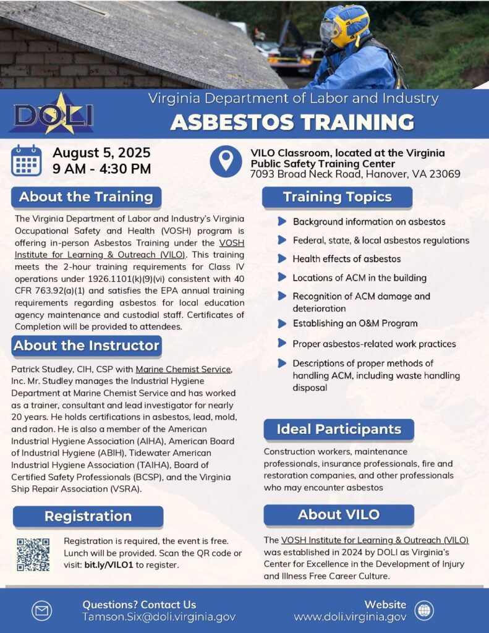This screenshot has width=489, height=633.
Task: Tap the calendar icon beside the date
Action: (27, 161)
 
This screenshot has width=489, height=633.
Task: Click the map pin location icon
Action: (226, 161)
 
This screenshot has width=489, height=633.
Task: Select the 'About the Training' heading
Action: (86, 197)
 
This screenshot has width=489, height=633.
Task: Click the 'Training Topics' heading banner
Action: (337, 197)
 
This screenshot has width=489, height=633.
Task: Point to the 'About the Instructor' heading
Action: (87, 346)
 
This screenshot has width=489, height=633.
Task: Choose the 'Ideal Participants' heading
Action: (338, 429)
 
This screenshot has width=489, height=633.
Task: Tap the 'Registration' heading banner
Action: (88, 516)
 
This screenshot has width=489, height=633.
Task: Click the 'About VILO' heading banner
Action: (338, 514)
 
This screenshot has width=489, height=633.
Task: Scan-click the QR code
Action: (33, 554)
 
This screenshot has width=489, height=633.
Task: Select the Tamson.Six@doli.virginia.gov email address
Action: (159, 617)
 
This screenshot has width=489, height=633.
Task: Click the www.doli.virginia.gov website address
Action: (350, 617)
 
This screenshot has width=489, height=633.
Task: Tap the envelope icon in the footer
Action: (41, 611)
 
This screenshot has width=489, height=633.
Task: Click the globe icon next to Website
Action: (424, 611)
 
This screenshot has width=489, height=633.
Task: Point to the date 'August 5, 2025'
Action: (101, 153)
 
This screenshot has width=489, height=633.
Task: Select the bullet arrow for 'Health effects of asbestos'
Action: (282, 259)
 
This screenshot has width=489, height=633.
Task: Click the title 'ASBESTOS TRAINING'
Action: (292, 122)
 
